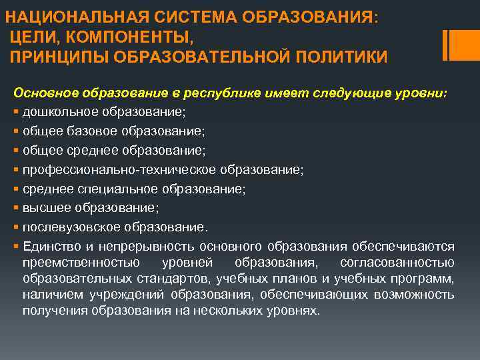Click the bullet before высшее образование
point(15,208)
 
